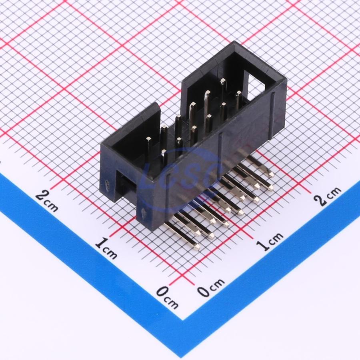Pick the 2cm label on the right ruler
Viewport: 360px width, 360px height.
[x=327, y=196]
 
